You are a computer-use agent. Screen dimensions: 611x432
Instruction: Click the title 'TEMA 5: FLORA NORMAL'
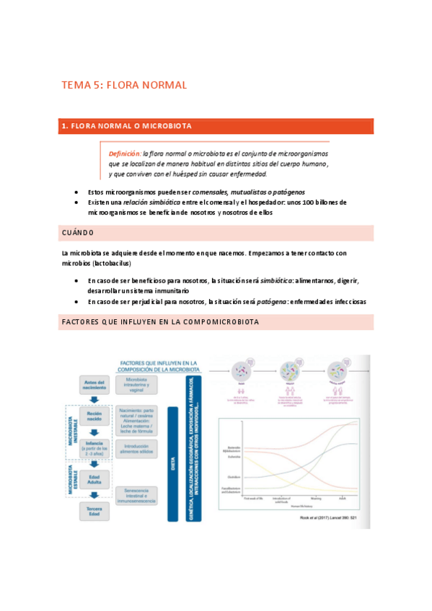[124, 85]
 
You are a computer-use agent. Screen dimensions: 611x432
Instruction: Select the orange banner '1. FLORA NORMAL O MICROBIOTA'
[126, 126]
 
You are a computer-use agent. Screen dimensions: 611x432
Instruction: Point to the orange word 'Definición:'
[125, 153]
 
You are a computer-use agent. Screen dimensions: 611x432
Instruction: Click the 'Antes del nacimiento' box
[94, 385]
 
